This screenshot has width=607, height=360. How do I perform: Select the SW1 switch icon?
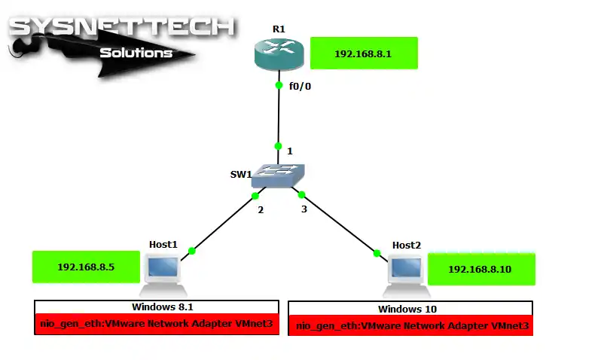tap(278, 176)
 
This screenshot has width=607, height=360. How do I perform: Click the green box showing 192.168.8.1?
tap(364, 53)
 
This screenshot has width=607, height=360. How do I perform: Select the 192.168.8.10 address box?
tap(481, 269)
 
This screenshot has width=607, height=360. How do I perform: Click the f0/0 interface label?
tap(300, 87)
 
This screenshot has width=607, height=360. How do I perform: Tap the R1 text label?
tap(279, 28)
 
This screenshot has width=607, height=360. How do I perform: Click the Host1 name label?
tap(163, 245)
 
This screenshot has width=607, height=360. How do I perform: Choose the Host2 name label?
tap(406, 246)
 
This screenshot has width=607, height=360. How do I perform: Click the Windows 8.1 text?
tap(163, 307)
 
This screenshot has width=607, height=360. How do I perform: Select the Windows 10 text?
tap(407, 309)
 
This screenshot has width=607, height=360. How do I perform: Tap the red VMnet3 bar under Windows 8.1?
tap(157, 325)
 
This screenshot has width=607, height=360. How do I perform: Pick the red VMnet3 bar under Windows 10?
tap(410, 326)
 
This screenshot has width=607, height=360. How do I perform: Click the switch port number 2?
tap(261, 209)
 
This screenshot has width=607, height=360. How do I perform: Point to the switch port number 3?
tap(304, 209)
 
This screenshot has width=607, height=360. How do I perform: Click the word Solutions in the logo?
tap(136, 53)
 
